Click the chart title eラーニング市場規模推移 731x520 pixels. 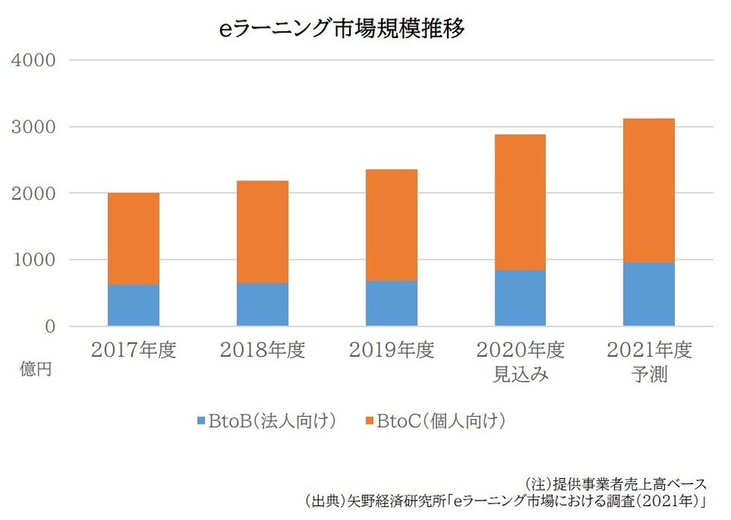tap(342, 29)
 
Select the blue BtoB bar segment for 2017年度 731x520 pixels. tap(134, 305)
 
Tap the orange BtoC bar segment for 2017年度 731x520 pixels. tap(134, 239)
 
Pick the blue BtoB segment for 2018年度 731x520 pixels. tap(263, 305)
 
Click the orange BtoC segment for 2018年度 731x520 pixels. tap(263, 232)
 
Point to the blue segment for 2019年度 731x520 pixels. tap(391, 304)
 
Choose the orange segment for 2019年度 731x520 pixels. tap(391, 225)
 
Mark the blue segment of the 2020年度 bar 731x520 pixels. tap(519, 298)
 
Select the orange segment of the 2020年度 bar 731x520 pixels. tap(519, 202)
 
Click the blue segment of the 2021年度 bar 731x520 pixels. tap(649, 295)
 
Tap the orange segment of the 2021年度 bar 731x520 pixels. tap(649, 190)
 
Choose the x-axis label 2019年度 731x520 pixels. tap(391, 351)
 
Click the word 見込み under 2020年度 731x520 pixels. tap(519, 375)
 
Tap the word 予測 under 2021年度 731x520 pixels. tap(649, 375)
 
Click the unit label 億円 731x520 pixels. tap(35, 369)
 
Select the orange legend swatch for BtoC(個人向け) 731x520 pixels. tap(369, 422)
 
